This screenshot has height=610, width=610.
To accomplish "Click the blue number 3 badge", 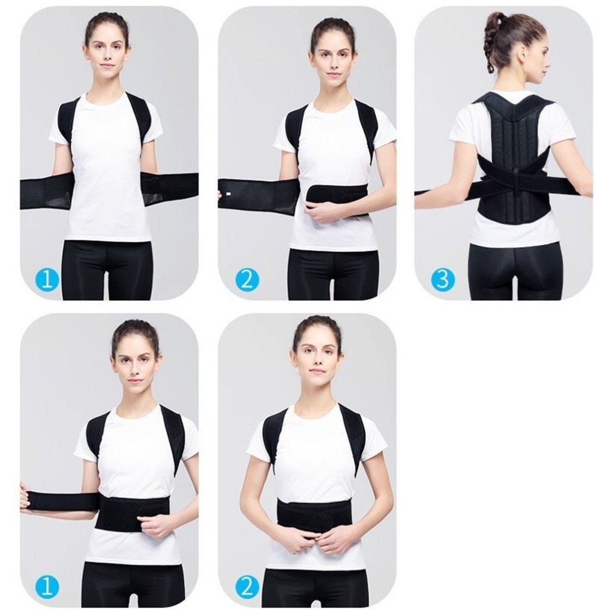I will pyautogui.click(x=442, y=279).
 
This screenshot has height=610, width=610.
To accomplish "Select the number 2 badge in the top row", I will pyautogui.click(x=247, y=279).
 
